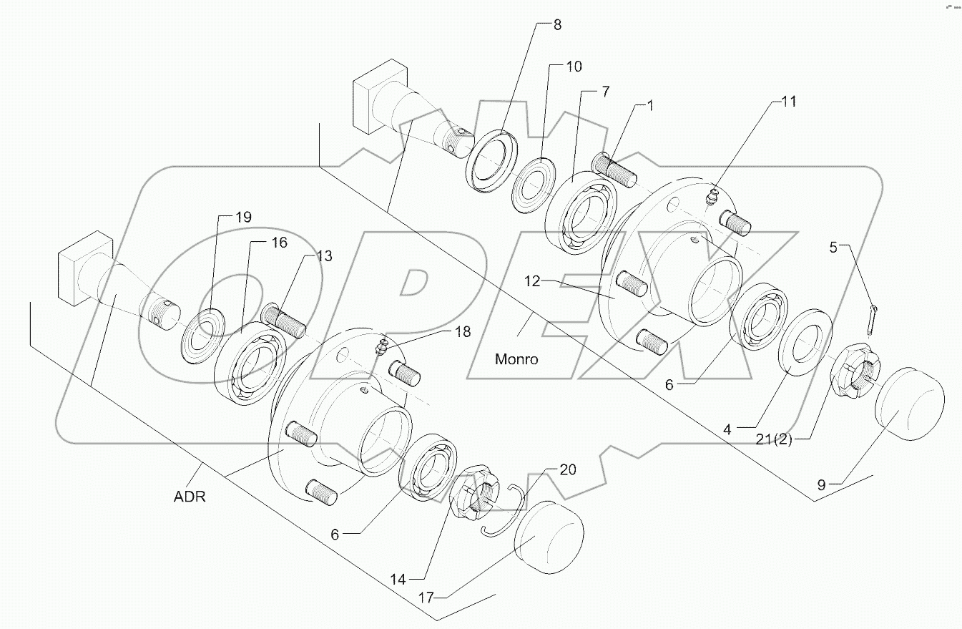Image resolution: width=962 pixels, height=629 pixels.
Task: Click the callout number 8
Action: pyautogui.click(x=557, y=25)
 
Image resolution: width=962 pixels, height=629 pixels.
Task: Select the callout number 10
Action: pyautogui.click(x=574, y=67)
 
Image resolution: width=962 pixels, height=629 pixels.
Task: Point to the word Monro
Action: pyautogui.click(x=516, y=359)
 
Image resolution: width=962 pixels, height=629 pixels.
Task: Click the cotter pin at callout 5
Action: pyautogui.click(x=873, y=318)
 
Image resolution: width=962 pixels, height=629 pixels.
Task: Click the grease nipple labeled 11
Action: pyautogui.click(x=712, y=198)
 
